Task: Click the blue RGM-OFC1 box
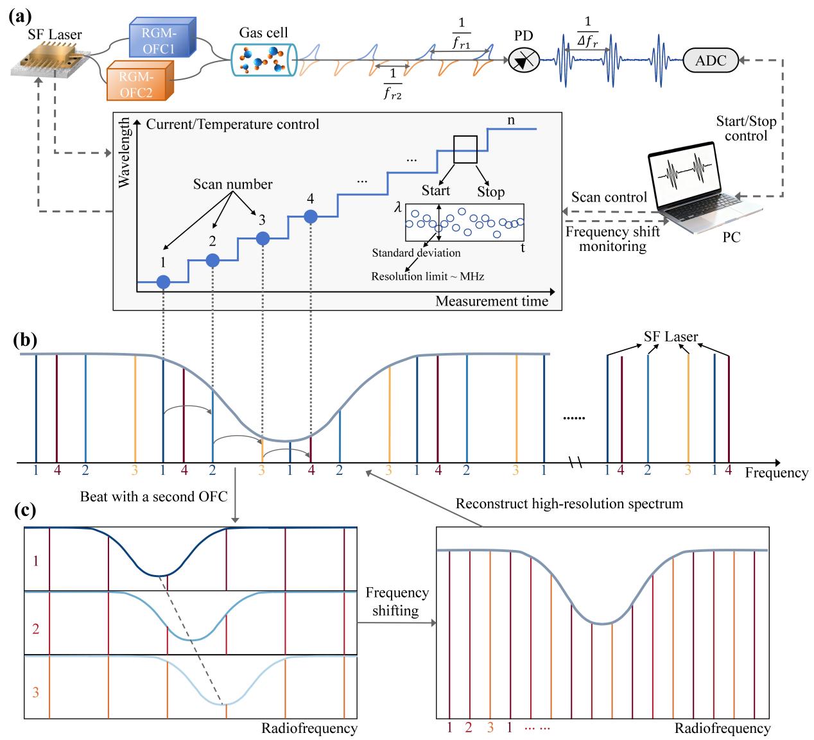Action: click(162, 37)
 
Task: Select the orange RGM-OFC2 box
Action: click(140, 81)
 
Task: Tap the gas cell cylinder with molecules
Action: click(264, 60)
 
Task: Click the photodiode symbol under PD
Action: click(523, 60)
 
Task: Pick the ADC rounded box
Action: click(711, 60)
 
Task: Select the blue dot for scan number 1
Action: click(163, 282)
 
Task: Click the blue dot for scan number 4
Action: click(311, 217)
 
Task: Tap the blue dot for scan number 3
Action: click(263, 239)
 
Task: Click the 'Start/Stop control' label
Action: click(746, 128)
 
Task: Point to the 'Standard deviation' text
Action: click(416, 253)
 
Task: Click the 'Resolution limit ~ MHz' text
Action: click(428, 276)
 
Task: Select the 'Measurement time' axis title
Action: click(491, 300)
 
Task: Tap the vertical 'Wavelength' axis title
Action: click(123, 153)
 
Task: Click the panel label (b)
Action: click(25, 340)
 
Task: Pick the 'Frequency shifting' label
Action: click(397, 601)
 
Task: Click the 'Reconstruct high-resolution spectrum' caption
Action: click(569, 503)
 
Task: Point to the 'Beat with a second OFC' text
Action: click(153, 497)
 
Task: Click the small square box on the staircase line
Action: click(465, 150)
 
